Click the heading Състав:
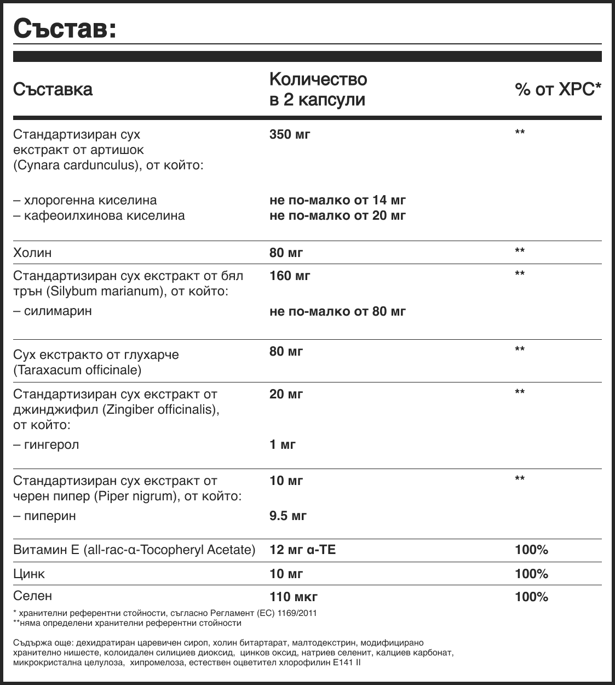click(65, 28)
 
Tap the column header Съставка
click(53, 89)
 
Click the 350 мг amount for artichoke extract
click(290, 134)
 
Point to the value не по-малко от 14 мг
click(337, 200)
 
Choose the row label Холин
click(32, 253)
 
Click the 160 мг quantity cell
click(290, 276)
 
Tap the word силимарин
click(58, 311)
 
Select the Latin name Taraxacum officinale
click(77, 370)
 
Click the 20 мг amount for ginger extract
click(286, 394)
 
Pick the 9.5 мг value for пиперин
click(288, 516)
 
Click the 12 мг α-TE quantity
click(302, 550)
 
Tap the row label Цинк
click(29, 574)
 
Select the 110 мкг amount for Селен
click(293, 597)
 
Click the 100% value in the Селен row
click(531, 597)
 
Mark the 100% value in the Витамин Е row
click(531, 550)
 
